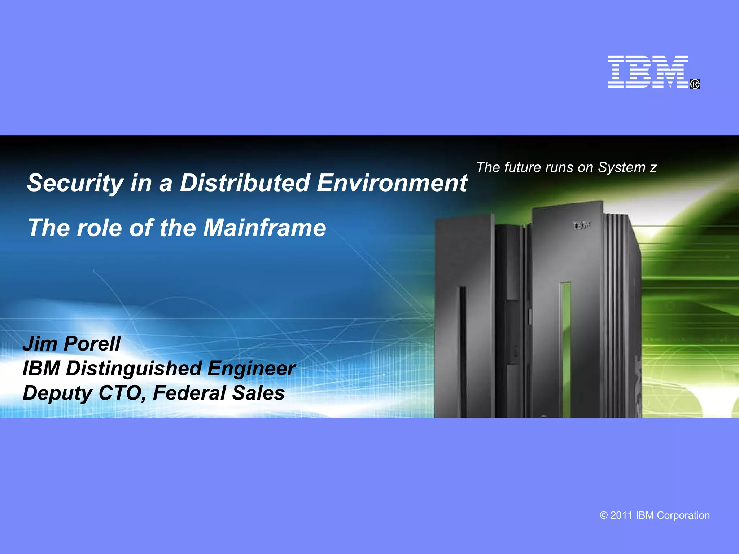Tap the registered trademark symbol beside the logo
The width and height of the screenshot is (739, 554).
[695, 84]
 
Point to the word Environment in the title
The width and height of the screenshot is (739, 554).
[392, 183]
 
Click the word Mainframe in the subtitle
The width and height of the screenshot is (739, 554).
[264, 228]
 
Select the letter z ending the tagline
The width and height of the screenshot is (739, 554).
[653, 168]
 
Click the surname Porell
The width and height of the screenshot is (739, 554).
[92, 343]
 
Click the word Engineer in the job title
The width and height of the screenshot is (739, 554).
[252, 369]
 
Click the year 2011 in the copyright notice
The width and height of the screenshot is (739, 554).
[621, 515]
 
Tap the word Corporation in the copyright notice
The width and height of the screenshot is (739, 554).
[683, 515]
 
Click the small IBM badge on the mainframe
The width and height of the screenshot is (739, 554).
[582, 226]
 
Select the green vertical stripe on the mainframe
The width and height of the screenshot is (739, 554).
[566, 346]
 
